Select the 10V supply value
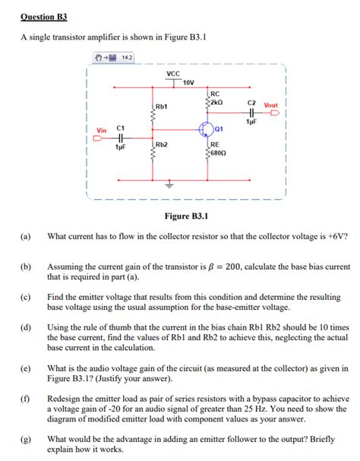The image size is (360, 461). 188,82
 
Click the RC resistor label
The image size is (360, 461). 215,93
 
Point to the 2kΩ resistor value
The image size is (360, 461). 216,103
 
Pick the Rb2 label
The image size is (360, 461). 161,144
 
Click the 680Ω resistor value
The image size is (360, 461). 218,153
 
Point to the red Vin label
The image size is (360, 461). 100,131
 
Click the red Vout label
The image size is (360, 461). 270,106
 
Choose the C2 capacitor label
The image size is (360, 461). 251,102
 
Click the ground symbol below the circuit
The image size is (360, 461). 169,185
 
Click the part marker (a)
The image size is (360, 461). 25,237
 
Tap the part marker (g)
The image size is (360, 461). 25,438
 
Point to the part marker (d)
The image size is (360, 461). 25,327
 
